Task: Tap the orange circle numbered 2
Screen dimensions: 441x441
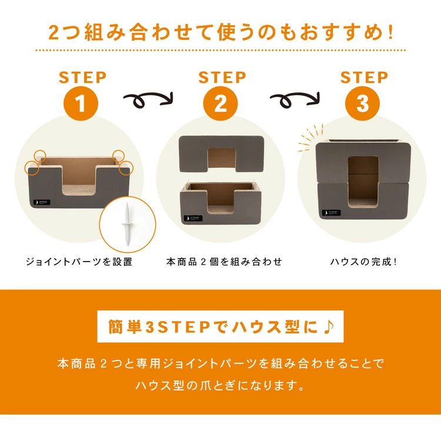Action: click(x=220, y=104)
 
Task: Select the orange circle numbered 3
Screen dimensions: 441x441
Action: click(x=363, y=104)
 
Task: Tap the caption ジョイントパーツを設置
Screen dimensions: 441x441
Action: click(x=79, y=261)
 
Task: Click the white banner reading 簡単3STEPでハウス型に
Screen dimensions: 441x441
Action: click(x=220, y=326)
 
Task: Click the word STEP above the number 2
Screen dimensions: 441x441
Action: click(x=220, y=77)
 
